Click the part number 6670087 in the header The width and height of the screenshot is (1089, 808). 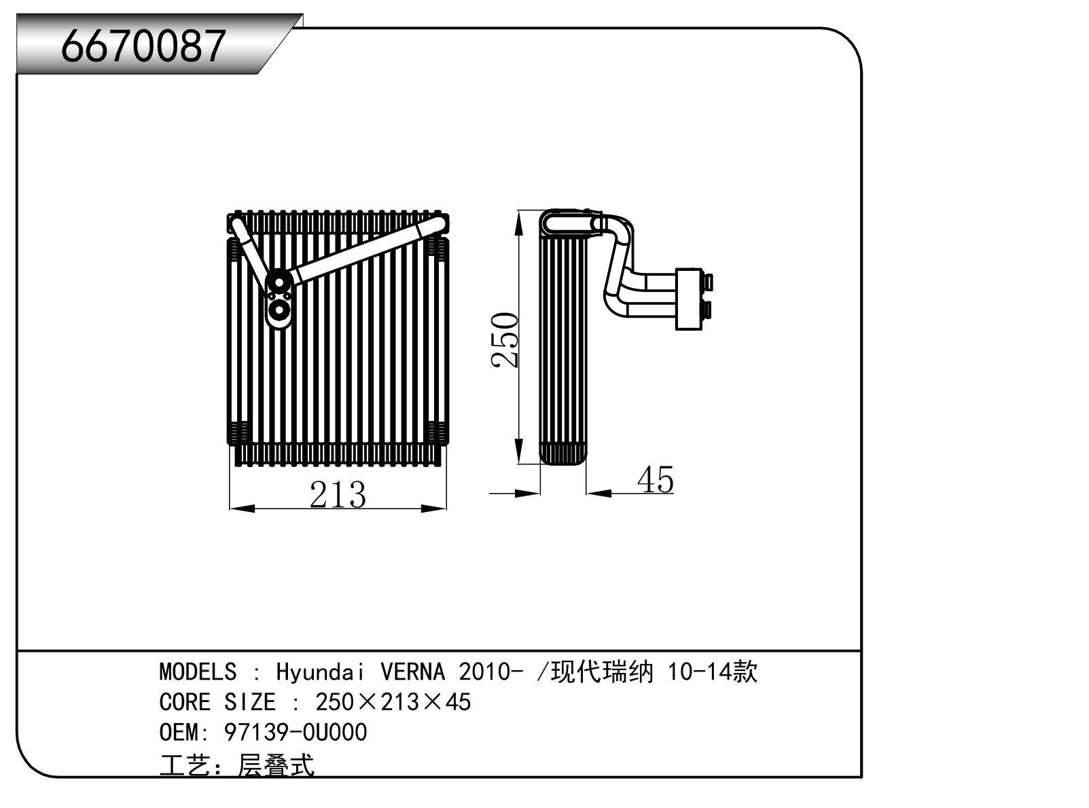143,46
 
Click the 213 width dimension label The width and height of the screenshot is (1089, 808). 338,494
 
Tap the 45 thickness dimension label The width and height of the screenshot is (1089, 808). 656,480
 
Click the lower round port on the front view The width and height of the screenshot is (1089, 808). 278,312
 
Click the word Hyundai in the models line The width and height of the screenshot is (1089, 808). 319,672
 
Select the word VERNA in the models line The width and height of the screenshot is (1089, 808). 412,672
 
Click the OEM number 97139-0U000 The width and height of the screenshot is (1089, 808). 295,733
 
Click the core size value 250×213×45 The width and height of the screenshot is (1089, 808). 393,702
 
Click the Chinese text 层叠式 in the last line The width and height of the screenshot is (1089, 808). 276,766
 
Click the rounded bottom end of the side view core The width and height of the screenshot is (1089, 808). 563,454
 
